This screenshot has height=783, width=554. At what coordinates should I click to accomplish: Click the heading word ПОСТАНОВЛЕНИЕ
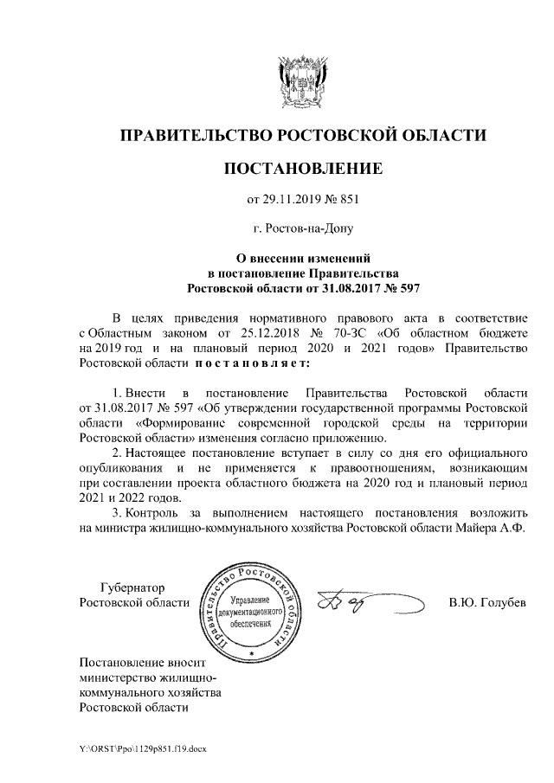click(301, 168)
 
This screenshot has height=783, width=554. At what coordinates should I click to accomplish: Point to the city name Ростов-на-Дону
click(302, 230)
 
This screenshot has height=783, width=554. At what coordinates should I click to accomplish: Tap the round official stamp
click(252, 607)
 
